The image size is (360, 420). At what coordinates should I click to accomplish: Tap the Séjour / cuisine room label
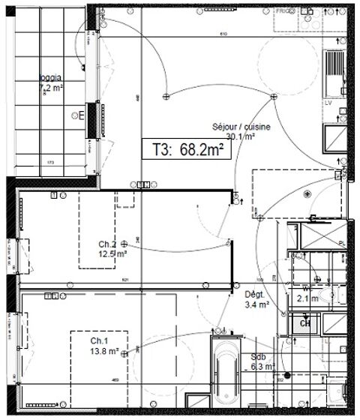[x=241, y=127]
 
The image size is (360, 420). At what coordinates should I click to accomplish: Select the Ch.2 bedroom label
[x=106, y=244]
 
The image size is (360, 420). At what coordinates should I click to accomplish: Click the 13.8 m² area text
[x=104, y=350]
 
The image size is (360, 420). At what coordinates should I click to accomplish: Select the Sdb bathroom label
[x=258, y=358]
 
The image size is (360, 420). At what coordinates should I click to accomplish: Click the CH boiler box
[x=306, y=323]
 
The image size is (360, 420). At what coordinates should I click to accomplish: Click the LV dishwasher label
[x=328, y=102]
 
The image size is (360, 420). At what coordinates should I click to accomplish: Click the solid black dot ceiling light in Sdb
[x=286, y=375]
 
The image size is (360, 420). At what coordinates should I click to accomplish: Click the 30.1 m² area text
[x=241, y=136]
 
